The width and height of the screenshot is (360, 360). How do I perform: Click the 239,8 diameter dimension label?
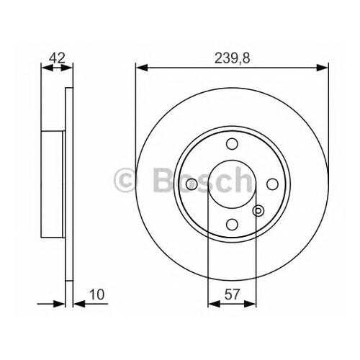click(x=232, y=58)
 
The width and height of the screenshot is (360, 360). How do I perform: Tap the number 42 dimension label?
click(x=57, y=58)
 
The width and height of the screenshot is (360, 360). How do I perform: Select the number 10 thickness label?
click(x=97, y=294)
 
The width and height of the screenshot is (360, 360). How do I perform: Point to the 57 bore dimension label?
click(x=232, y=294)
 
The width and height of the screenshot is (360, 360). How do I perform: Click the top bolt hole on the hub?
click(x=232, y=144)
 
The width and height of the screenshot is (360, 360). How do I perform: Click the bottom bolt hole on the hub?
click(x=232, y=225)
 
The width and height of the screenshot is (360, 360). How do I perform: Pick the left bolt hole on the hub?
click(x=192, y=184)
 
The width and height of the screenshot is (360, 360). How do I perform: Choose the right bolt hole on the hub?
click(x=273, y=184)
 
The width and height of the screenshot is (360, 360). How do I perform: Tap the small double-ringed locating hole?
click(x=258, y=211)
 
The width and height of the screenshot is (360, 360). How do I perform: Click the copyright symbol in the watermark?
click(x=125, y=180)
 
